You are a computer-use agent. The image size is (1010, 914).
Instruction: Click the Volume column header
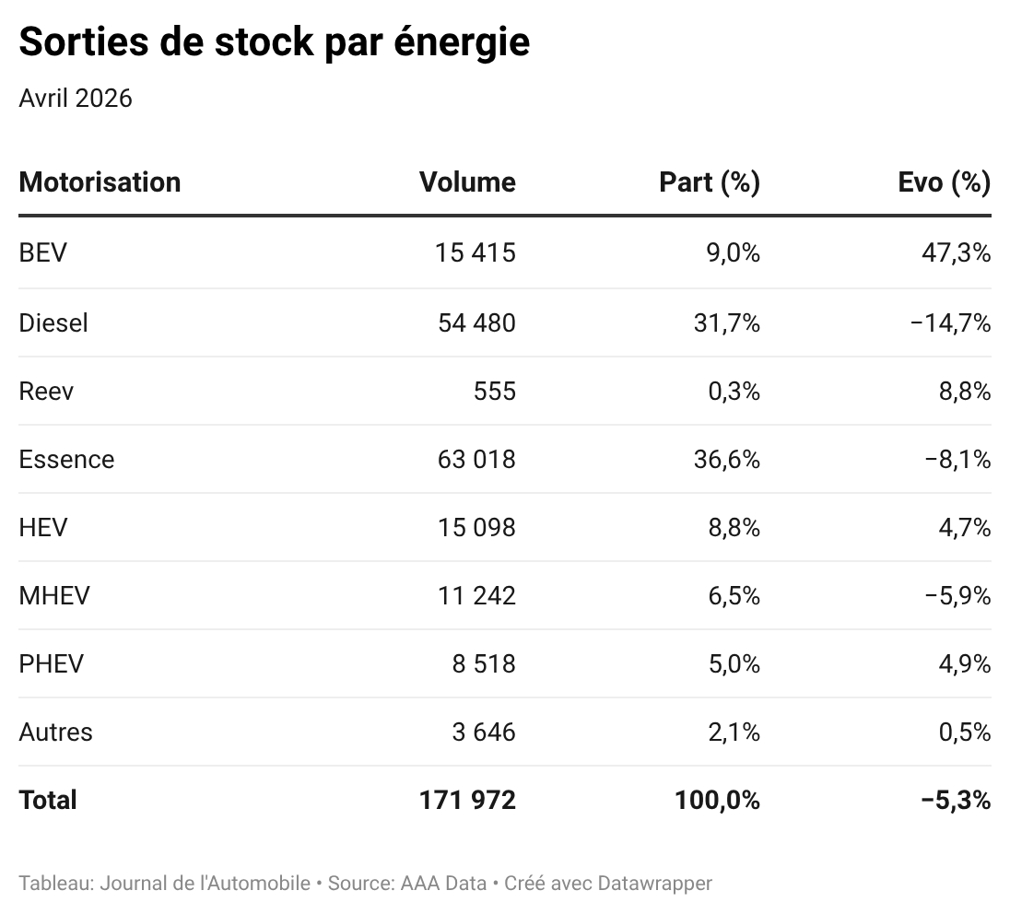click(x=467, y=182)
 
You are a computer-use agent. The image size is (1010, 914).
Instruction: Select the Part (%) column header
click(x=710, y=183)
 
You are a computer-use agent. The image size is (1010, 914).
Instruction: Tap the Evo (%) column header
click(x=945, y=183)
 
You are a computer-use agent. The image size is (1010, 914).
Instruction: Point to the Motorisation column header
click(x=100, y=182)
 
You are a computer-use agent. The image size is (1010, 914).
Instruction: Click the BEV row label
click(x=42, y=252)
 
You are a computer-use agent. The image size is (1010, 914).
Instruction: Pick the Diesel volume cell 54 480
click(x=476, y=322)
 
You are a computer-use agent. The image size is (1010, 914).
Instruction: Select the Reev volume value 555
click(x=495, y=391)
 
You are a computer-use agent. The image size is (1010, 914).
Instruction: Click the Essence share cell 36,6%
click(x=726, y=459)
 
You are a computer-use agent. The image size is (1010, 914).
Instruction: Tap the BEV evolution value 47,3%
click(x=956, y=252)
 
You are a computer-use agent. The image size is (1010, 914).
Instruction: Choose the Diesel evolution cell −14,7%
click(x=950, y=322)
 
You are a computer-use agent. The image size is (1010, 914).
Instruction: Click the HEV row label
click(x=43, y=528)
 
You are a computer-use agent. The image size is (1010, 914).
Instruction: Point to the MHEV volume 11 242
click(x=476, y=596)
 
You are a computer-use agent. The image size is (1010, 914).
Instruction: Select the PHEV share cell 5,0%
click(x=734, y=664)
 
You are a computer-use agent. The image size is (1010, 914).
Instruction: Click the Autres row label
click(x=55, y=732)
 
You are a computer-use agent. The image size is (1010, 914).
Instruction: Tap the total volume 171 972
click(x=467, y=801)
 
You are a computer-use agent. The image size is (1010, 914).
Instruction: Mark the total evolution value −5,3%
click(x=956, y=801)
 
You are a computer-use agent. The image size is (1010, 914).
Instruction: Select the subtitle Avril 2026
click(x=76, y=99)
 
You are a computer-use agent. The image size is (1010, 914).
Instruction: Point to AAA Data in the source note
click(x=443, y=883)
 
